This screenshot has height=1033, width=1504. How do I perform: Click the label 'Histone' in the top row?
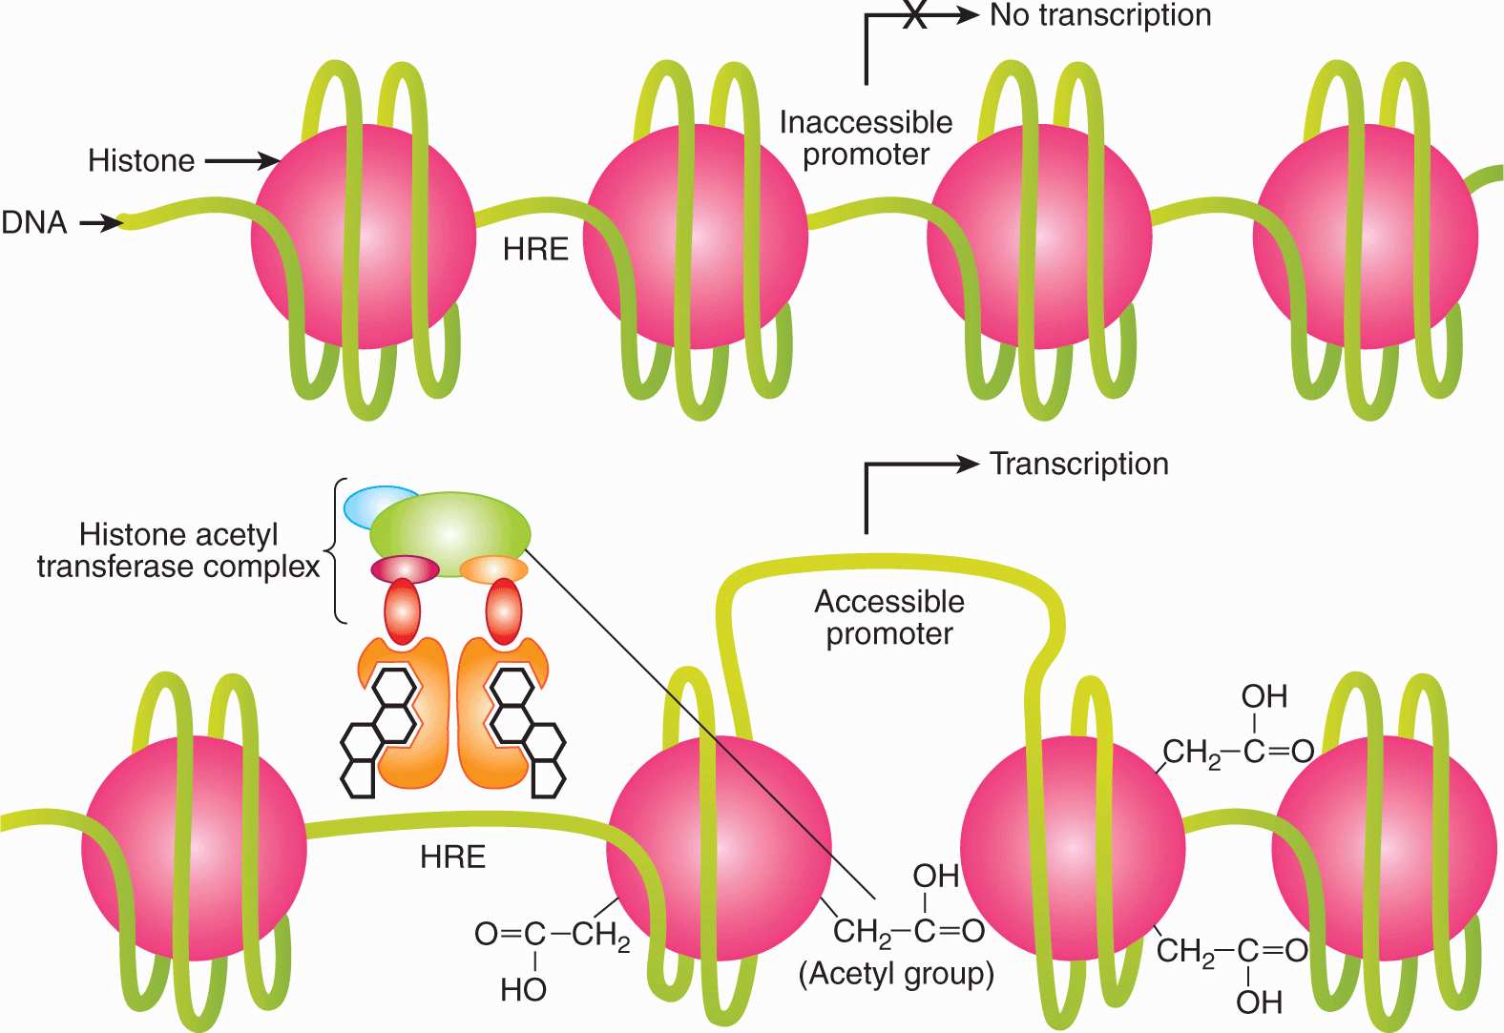[141, 160]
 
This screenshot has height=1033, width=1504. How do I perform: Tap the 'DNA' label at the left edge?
[34, 222]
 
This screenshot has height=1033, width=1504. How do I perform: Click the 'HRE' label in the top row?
[535, 250]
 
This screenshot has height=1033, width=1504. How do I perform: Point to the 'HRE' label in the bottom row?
[452, 857]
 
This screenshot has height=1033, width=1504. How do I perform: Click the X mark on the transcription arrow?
[914, 15]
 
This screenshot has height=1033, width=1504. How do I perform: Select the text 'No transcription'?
[1100, 15]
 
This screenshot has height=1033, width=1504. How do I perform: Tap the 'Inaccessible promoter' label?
[866, 138]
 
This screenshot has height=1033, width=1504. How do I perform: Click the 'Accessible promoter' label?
[889, 617]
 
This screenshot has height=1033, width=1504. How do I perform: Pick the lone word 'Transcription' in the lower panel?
[1078, 464]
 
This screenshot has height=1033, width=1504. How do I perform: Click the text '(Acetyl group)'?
[896, 974]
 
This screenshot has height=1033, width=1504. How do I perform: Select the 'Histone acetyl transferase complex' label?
[178, 550]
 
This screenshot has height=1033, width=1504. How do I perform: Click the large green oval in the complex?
[450, 527]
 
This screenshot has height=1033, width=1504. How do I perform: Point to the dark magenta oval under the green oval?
[405, 569]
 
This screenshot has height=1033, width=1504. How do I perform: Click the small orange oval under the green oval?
[493, 570]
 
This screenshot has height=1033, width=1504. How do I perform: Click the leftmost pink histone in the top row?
[364, 237]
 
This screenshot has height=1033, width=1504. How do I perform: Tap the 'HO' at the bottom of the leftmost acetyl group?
[523, 990]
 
